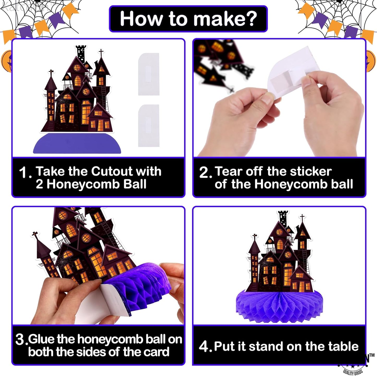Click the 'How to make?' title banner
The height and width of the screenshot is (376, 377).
[188, 19]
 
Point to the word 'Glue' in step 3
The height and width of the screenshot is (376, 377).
[41, 339]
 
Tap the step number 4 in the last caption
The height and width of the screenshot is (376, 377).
[204, 347]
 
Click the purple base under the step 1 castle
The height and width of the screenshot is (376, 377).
[77, 144]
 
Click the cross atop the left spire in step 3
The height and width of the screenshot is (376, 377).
[34, 234]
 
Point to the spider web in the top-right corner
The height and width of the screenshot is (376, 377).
[337, 13]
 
